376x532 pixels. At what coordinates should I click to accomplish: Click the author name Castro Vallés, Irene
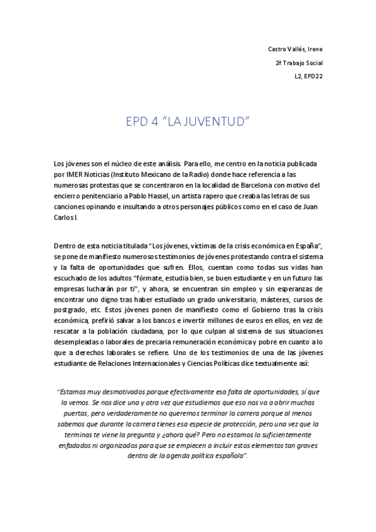point(295,49)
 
